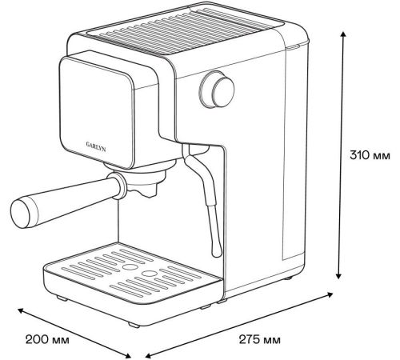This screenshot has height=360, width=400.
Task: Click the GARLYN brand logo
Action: [96, 146]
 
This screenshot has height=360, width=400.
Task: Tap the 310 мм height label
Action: [370, 155]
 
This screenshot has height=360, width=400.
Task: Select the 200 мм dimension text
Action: [47, 340]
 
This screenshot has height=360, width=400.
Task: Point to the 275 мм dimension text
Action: [259, 340]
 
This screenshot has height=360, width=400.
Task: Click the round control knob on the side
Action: [217, 90]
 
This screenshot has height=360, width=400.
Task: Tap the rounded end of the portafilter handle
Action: [21, 214]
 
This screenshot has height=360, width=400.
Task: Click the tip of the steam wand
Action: [217, 251]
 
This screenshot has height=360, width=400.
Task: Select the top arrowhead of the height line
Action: [343, 34]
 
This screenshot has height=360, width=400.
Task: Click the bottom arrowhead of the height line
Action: [338, 275]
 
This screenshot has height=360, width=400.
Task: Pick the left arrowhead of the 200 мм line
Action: [21, 310]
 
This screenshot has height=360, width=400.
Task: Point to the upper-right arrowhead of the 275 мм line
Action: [330, 294]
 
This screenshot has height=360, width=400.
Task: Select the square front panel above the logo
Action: [96, 112]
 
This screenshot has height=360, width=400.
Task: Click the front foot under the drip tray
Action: [134, 325]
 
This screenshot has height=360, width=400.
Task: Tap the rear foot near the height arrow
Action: [287, 278]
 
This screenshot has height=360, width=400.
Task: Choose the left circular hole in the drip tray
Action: [130, 267]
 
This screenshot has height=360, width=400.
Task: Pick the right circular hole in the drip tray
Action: [149, 274]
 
